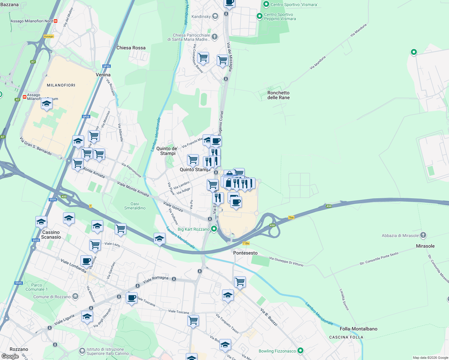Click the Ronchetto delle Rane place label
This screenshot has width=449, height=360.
tap(279, 95)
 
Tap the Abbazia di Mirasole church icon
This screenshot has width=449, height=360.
tap(423, 235)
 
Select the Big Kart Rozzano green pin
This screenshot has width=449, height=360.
tap(214, 229)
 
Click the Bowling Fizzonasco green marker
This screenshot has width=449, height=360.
tap(300, 351)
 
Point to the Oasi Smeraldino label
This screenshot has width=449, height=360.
tap(135, 206)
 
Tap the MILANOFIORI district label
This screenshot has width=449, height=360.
tap(61, 85)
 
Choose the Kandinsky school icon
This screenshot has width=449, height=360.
tap(215, 16)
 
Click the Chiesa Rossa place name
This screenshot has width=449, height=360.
tap(131, 48)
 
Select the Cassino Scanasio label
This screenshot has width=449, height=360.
tap(51, 235)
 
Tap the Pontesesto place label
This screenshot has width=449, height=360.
tap(246, 253)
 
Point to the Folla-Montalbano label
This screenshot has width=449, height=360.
tap(358, 329)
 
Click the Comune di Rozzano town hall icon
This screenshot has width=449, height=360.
tap(75, 296)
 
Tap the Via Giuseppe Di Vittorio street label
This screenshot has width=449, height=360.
tap(286, 262)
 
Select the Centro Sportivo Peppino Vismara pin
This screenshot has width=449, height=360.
tap(260, 16)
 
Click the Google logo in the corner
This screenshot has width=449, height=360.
tap(10, 356)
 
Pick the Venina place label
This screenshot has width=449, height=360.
tap(103, 75)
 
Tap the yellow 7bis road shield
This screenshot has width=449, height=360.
tap(291, 217)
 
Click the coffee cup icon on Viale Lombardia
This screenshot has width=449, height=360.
tap(86, 261)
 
